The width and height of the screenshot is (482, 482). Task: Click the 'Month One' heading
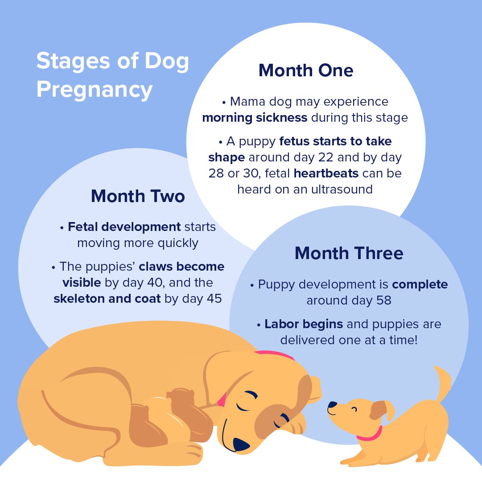(306, 70)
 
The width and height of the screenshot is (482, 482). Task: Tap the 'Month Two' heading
(138, 196)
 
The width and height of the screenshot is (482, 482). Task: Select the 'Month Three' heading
(349, 253)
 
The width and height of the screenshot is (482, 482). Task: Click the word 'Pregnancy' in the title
(95, 89)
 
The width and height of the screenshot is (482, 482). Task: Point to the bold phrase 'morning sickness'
(255, 118)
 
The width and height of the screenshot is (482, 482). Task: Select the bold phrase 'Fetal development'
(124, 227)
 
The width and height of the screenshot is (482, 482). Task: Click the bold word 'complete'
(420, 284)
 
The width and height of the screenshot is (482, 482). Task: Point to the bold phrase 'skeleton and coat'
(107, 299)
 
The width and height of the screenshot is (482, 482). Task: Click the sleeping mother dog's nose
(242, 444)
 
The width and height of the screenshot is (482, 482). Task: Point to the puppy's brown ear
(379, 409)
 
